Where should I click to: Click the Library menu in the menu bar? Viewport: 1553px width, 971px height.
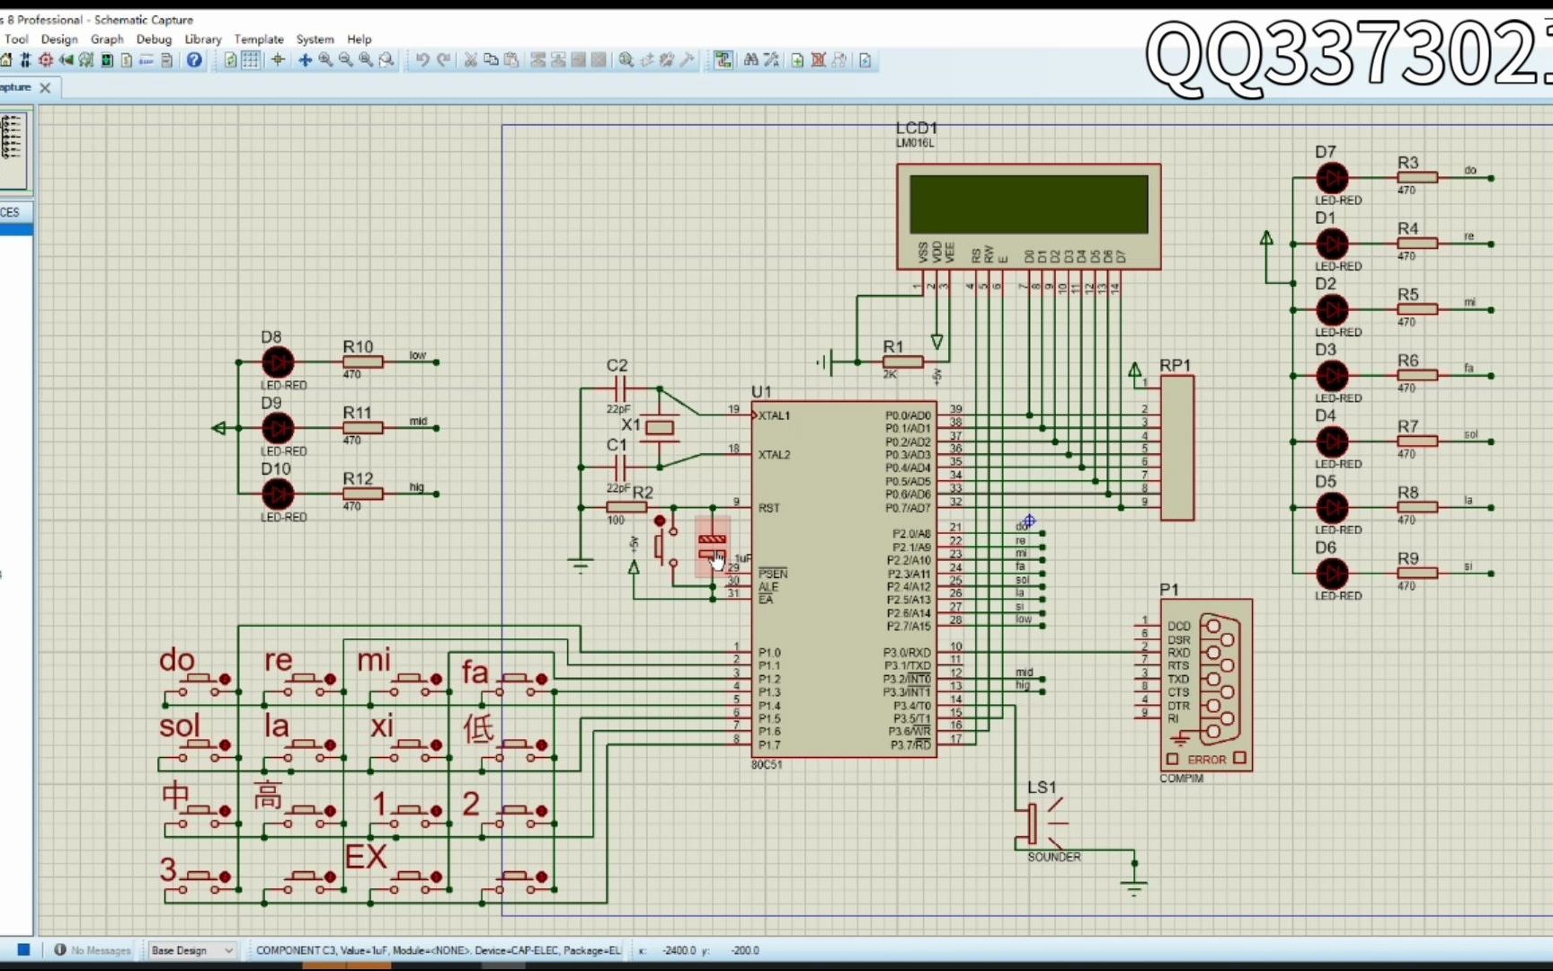pos(202,39)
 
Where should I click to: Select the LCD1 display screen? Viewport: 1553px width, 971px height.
pos(1028,204)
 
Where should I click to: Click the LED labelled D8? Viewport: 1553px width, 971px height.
pos(278,362)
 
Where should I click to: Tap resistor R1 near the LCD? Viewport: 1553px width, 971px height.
pos(901,362)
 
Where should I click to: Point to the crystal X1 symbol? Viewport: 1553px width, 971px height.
pos(660,428)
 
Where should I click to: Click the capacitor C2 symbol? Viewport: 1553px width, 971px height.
pos(618,388)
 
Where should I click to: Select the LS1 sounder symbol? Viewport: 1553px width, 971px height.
pos(1033,824)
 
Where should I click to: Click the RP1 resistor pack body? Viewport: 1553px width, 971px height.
pos(1177,448)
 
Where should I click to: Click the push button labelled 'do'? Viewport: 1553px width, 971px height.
pos(198,680)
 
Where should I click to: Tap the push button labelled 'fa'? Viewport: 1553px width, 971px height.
pos(515,680)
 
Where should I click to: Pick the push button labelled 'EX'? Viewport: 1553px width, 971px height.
pos(409,877)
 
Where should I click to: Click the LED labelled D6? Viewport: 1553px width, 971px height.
pos(1332,574)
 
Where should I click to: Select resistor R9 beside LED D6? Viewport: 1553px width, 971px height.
pos(1416,574)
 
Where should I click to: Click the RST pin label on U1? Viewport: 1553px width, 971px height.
pos(768,508)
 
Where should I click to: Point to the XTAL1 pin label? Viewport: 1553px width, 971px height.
pos(774,415)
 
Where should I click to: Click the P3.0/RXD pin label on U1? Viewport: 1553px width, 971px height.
pos(907,653)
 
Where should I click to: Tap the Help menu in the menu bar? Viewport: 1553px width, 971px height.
pos(359,39)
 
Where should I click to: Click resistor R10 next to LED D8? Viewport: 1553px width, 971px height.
pos(363,362)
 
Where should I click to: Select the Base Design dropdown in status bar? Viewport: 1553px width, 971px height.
pos(191,950)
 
